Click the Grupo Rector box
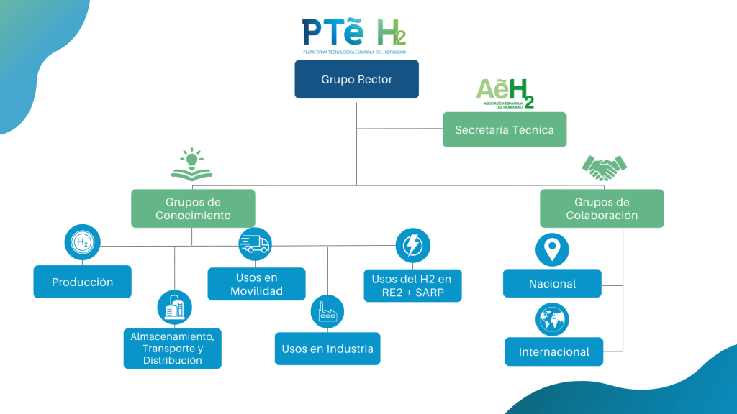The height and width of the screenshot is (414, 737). pyautogui.click(x=356, y=80)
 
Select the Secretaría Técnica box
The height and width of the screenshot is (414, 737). pyautogui.click(x=504, y=130)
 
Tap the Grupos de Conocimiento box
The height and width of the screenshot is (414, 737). pyautogui.click(x=193, y=208)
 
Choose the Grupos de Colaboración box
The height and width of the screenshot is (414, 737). pyautogui.click(x=602, y=208)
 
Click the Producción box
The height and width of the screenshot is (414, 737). pyautogui.click(x=83, y=282)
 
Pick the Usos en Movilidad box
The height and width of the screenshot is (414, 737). pyautogui.click(x=256, y=284)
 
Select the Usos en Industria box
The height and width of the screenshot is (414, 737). pyautogui.click(x=327, y=349)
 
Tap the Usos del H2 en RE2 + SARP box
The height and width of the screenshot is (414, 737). pyautogui.click(x=412, y=285)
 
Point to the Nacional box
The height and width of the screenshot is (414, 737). pyautogui.click(x=552, y=283)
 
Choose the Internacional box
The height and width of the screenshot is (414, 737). pyautogui.click(x=553, y=351)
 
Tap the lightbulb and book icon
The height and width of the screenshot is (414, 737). pyautogui.click(x=191, y=163)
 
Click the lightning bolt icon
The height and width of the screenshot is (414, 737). pyautogui.click(x=413, y=246)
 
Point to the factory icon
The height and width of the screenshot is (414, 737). pyautogui.click(x=327, y=312)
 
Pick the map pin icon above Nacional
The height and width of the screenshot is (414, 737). pyautogui.click(x=552, y=249)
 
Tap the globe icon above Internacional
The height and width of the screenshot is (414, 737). pyautogui.click(x=552, y=318)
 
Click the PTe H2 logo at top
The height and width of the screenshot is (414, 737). pyautogui.click(x=354, y=34)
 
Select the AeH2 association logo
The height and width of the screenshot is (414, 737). pyautogui.click(x=505, y=93)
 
